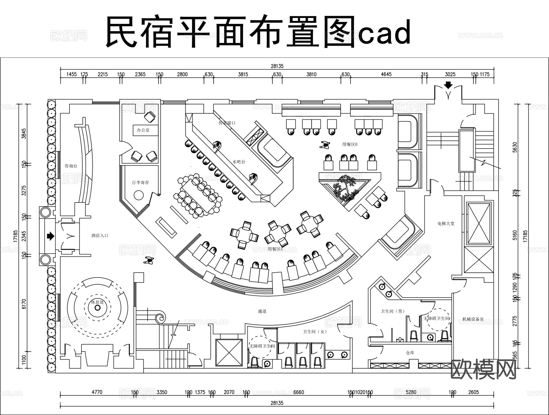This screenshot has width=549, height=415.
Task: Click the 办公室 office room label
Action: click(x=143, y=130)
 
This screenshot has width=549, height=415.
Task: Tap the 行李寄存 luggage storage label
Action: click(x=141, y=182)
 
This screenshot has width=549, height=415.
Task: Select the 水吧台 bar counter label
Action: click(x=239, y=162)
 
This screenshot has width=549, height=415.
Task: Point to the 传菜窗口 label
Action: click(x=227, y=123)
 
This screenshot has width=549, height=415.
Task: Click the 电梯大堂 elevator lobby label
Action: click(x=446, y=223)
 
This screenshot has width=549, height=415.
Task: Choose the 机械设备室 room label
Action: click(x=473, y=319)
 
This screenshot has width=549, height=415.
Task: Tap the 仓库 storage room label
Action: click(x=410, y=353)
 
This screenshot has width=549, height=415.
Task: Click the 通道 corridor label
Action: click(x=262, y=311)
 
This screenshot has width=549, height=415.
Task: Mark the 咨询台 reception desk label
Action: click(x=71, y=166)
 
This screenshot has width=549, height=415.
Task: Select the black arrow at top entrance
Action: click(x=448, y=85)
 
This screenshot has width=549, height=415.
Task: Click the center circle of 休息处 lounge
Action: click(x=98, y=308)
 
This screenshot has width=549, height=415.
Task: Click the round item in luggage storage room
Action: click(x=139, y=195)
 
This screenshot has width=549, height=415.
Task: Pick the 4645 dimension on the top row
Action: click(x=386, y=74)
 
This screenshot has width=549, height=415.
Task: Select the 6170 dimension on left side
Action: click(x=24, y=304)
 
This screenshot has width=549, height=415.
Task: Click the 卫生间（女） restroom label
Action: click(x=314, y=332)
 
